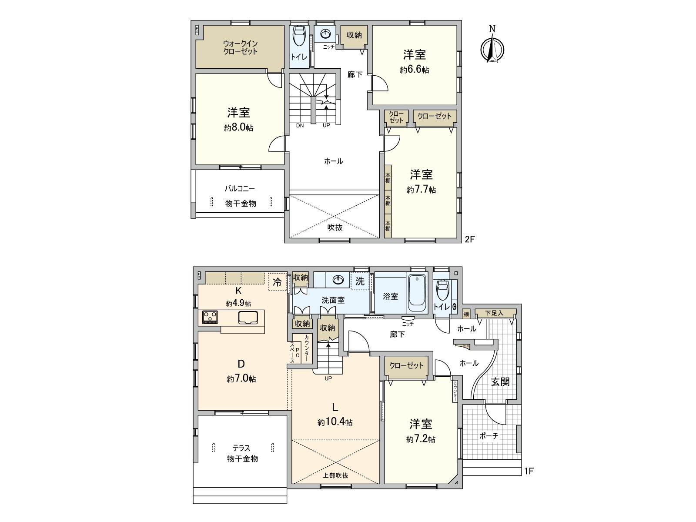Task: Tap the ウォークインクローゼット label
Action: [240, 47]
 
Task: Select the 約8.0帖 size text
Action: [239, 128]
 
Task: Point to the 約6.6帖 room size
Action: [414, 70]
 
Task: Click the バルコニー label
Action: [240, 189]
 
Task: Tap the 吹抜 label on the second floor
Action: [335, 227]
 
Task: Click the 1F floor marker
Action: [529, 471]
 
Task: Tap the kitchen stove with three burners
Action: [210, 317]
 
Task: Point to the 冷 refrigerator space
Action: [277, 281]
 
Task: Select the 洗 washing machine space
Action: [360, 281]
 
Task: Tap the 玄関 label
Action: [500, 382]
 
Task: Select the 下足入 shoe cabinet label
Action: [494, 313]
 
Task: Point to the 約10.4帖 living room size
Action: [335, 422]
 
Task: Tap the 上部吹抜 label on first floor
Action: [335, 475]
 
